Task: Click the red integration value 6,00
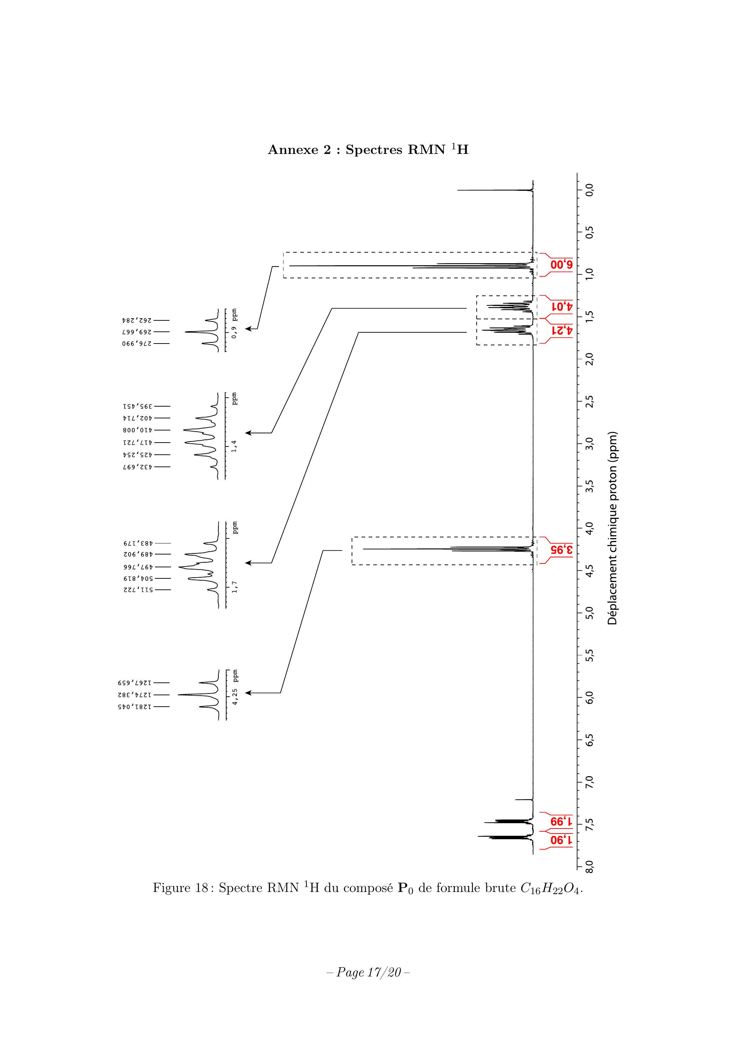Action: coord(562,265)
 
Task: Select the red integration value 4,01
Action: coord(562,307)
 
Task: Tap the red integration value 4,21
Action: coord(562,330)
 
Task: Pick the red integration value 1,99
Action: coord(562,822)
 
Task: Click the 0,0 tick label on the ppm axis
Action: coord(590,190)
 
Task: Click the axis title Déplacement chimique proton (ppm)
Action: coord(613,528)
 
